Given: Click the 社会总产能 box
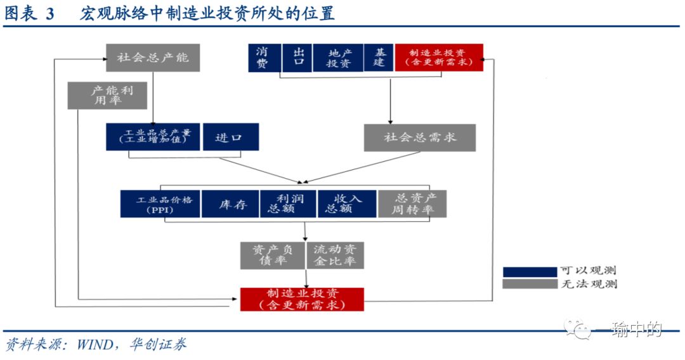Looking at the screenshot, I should pyautogui.click(x=153, y=58).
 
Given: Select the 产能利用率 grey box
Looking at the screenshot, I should pyautogui.click(x=108, y=95).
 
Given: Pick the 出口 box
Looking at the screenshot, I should pyautogui.click(x=297, y=58).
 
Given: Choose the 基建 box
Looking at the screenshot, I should pyautogui.click(x=379, y=58).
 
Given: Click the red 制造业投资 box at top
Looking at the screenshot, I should pyautogui.click(x=438, y=58).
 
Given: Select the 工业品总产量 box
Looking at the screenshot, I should pyautogui.click(x=153, y=137).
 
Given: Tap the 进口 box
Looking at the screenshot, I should pyautogui.click(x=230, y=137).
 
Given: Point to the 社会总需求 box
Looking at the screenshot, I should pyautogui.click(x=419, y=137).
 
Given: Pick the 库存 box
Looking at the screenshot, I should pyautogui.click(x=230, y=204).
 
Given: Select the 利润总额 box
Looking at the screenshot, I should pyautogui.click(x=288, y=204).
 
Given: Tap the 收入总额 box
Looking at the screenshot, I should pyautogui.click(x=346, y=204).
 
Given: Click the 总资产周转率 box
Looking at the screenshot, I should pyautogui.click(x=412, y=204).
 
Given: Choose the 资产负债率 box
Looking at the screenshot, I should pyautogui.click(x=273, y=255).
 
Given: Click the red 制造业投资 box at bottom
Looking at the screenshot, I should pyautogui.click(x=302, y=299).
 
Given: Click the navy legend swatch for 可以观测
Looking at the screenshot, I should pyautogui.click(x=529, y=271).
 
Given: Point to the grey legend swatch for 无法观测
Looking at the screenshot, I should pyautogui.click(x=529, y=284).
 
